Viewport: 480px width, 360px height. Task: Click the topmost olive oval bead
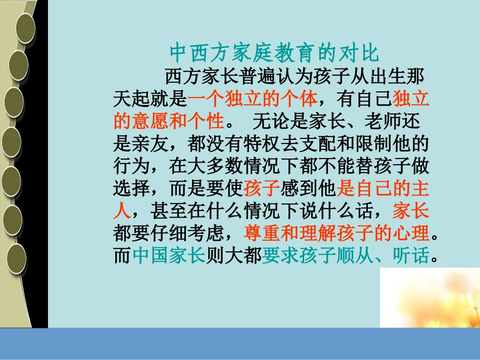pyautogui.click(x=25, y=28)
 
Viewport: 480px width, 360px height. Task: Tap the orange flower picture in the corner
pyautogui.click(x=429, y=298)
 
